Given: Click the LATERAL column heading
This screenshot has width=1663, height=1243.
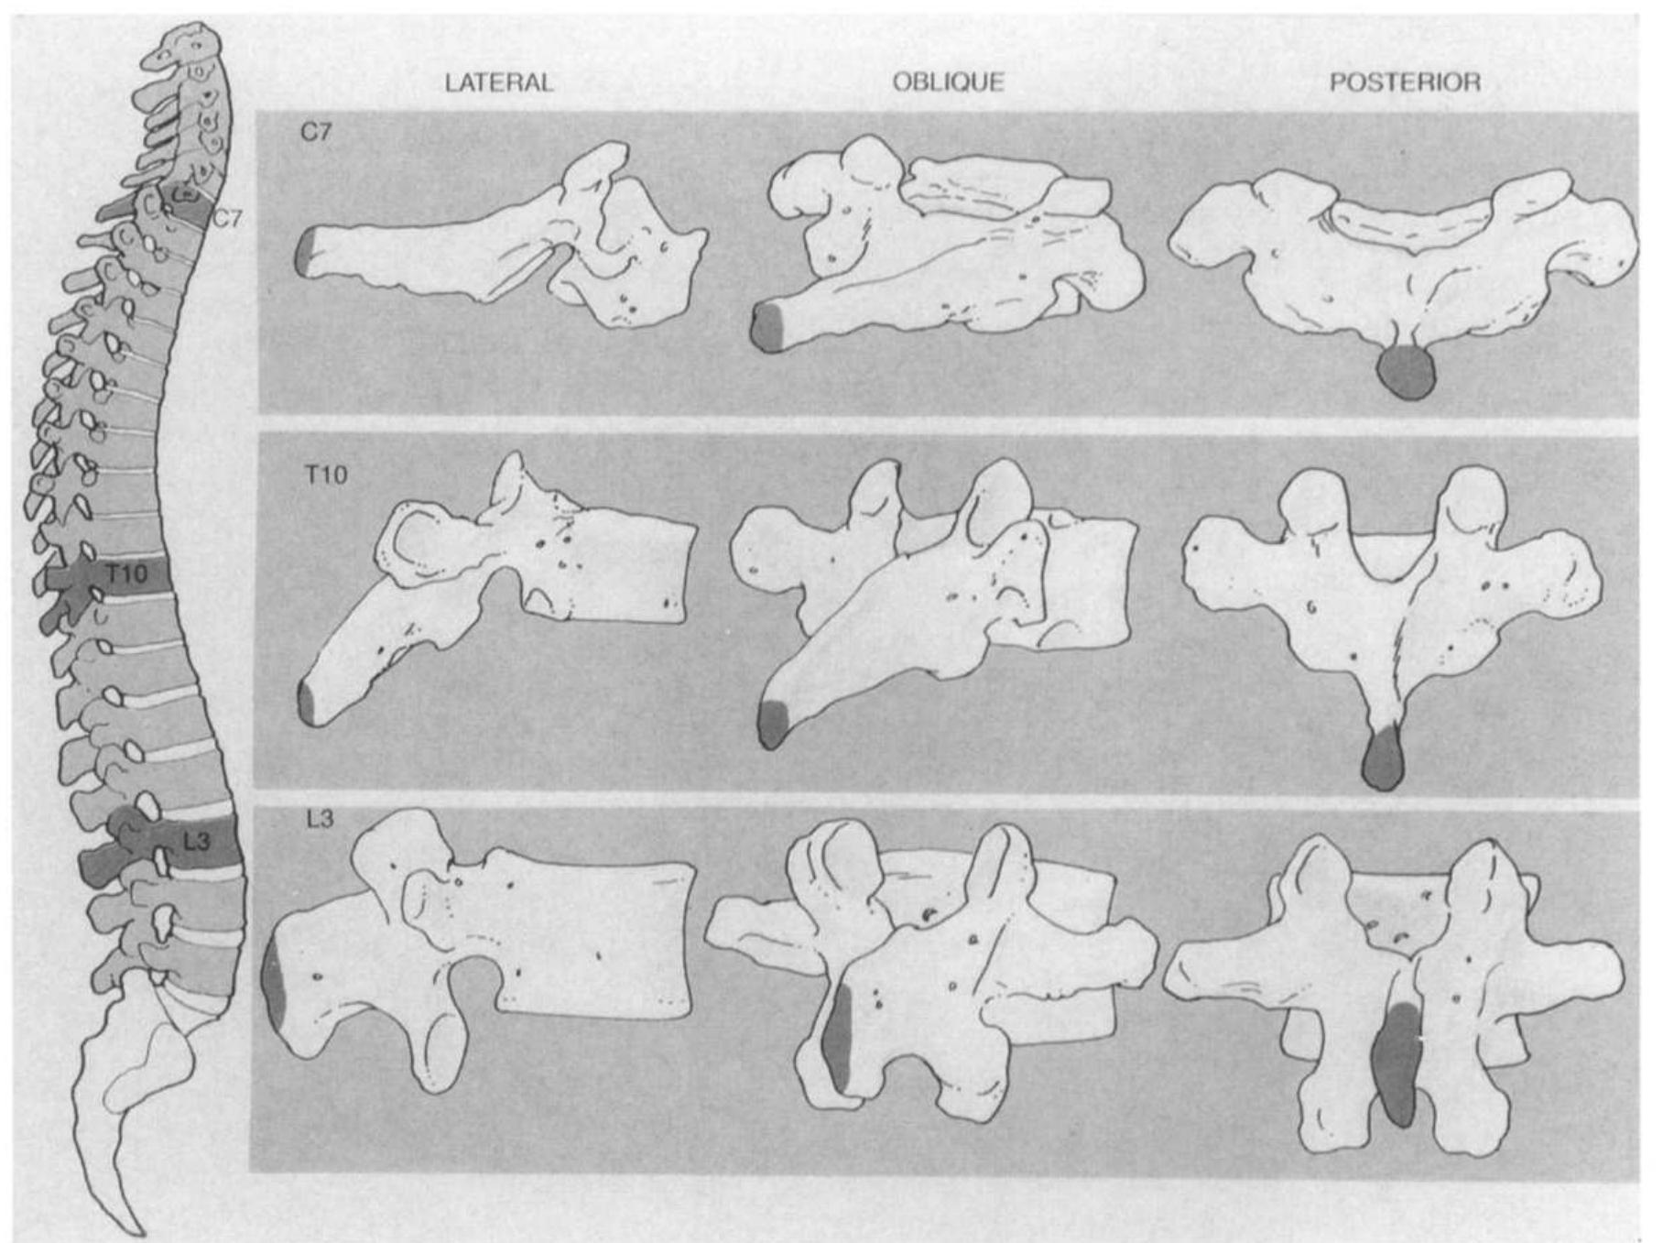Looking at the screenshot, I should (499, 83).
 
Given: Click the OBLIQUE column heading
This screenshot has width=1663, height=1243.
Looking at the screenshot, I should (948, 82).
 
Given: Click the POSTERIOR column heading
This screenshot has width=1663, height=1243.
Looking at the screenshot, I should (1405, 83).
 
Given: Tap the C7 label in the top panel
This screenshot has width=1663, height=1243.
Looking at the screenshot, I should (316, 133).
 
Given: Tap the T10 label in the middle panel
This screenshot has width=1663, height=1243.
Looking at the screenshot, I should (326, 474).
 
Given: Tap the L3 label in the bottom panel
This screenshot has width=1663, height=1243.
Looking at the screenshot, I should (320, 818).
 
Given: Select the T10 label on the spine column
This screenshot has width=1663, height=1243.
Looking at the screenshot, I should (125, 574).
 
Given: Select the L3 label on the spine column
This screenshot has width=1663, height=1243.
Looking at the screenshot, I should (196, 840).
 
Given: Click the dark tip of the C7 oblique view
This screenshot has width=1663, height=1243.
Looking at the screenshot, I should (768, 327).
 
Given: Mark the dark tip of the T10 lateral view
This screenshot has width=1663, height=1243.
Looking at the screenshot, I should (308, 703).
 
